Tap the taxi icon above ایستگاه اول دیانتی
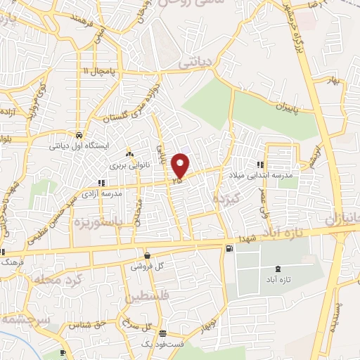78,135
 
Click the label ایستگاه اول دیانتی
75,147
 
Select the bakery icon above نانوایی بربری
129,154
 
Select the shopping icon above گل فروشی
146,256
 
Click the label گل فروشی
146,267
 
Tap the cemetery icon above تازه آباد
278,269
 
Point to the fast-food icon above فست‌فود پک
162,333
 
